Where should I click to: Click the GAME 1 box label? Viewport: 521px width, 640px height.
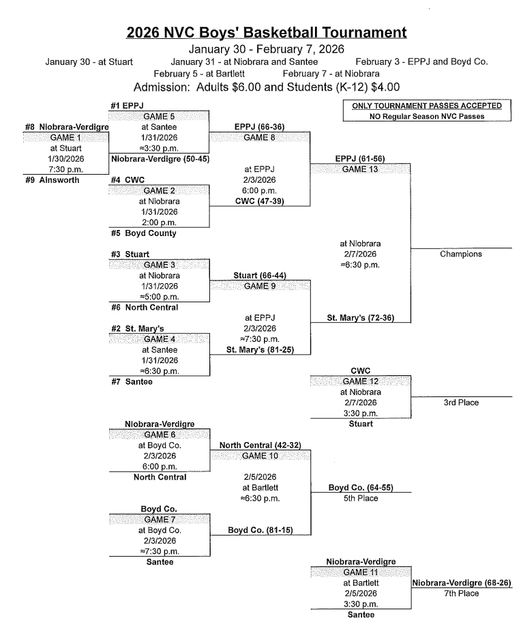coord(65,137)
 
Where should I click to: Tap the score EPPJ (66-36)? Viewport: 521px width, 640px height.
coord(260,126)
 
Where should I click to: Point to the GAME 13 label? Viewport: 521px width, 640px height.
coord(360,169)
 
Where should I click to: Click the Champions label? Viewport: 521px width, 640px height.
coord(461,254)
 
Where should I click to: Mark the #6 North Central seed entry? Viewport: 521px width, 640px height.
coord(145,307)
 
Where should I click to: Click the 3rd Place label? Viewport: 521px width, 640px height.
coord(461,403)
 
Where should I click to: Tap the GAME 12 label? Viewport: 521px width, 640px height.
coord(360,381)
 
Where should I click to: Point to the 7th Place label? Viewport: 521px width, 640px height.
coord(461,594)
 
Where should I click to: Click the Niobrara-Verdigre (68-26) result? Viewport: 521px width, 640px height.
coord(462,583)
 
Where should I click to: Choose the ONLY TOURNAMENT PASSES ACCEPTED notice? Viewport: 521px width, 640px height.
coord(426,106)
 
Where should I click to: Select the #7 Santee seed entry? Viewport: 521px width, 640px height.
coord(133,381)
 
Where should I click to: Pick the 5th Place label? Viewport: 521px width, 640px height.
coord(360,498)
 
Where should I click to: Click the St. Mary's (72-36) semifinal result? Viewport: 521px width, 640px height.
coord(361,317)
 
